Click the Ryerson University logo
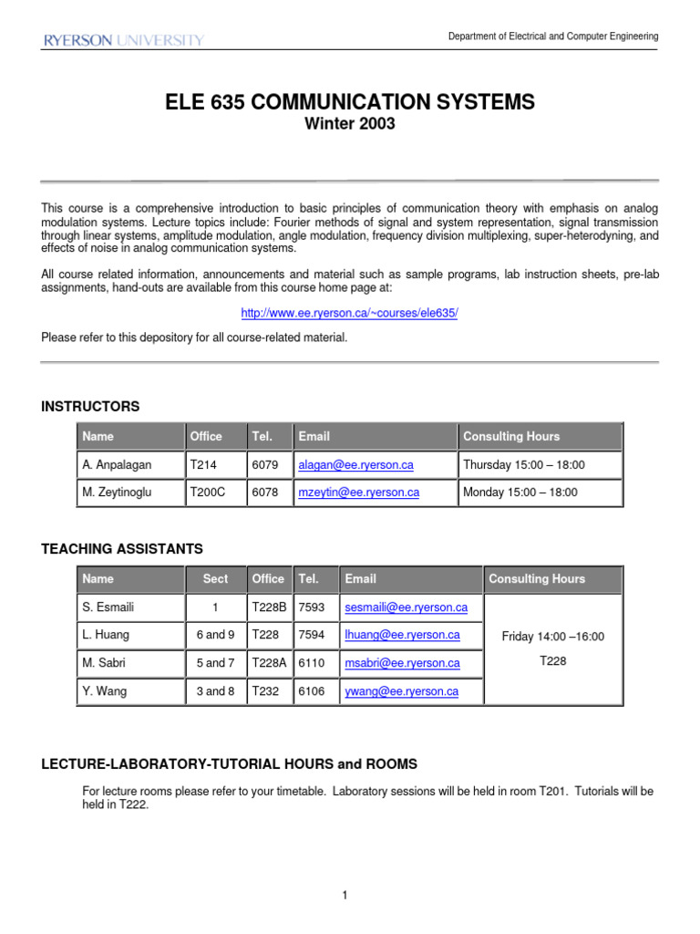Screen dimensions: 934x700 coord(123,40)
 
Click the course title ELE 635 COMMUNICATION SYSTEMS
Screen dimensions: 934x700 coord(350,103)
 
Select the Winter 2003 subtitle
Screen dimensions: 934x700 coord(350,125)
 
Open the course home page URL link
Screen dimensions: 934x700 coord(349,313)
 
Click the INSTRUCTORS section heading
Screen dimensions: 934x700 coord(90,406)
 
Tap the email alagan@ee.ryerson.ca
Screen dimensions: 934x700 coord(355,465)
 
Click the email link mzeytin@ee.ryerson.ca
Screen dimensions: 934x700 coord(358,493)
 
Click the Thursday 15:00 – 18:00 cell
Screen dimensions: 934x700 coord(523,465)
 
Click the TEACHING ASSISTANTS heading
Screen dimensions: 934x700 coord(122,548)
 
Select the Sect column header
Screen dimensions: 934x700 coord(215,579)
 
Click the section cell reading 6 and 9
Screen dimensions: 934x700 coord(215,636)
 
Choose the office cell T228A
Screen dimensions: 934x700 coord(268,663)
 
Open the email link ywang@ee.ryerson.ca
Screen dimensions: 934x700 coord(401,691)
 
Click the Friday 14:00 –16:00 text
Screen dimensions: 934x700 coord(552,637)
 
